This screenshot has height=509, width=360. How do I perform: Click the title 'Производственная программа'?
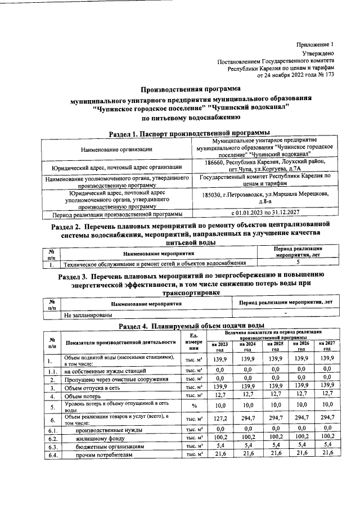coord(190,89)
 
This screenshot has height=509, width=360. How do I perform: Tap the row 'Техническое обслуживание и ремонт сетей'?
coord(155,263)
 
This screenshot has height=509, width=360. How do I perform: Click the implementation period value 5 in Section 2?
coord(297,262)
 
